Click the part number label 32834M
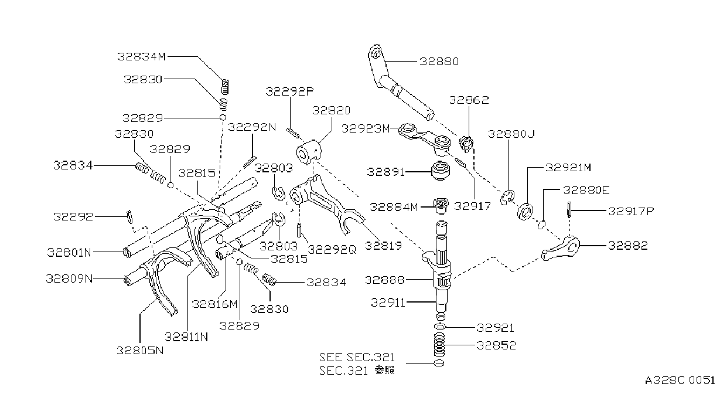(x=141, y=57)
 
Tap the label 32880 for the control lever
(x=439, y=61)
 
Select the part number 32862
(x=469, y=100)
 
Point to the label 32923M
(x=366, y=128)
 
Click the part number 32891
(x=385, y=172)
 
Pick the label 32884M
(x=394, y=207)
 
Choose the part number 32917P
(x=631, y=211)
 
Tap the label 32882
(x=628, y=246)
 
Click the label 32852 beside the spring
(x=496, y=345)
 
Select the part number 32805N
(x=140, y=350)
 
